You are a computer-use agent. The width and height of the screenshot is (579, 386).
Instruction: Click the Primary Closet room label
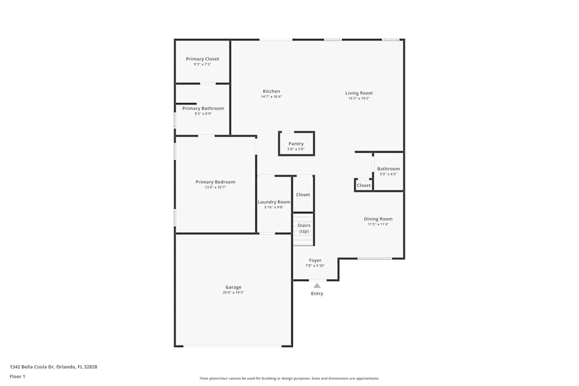point(202,59)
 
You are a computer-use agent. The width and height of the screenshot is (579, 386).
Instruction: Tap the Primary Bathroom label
point(203,108)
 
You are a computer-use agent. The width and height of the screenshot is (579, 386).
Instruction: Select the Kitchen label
point(271,91)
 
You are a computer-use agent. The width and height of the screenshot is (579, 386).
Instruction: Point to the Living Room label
point(359,93)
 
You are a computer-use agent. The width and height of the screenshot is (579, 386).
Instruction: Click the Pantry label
point(296,144)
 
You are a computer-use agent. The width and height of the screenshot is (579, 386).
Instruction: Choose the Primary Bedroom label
point(215,182)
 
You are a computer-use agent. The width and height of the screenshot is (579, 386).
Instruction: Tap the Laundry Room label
point(274,202)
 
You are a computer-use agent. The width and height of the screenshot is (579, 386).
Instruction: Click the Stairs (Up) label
point(303,228)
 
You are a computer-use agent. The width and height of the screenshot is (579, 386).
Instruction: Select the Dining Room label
point(378,219)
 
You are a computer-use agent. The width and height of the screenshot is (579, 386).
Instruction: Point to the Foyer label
point(315,260)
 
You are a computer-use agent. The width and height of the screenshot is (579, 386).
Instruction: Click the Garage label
point(233,287)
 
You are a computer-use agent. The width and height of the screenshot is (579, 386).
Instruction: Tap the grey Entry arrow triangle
point(317,285)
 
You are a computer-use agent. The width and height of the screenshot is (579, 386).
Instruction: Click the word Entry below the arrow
point(317,294)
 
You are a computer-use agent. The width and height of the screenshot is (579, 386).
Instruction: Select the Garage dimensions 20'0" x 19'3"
point(233,293)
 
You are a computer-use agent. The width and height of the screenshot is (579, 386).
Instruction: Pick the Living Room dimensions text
point(359,98)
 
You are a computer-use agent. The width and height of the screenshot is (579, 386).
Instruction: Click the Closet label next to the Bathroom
point(364,186)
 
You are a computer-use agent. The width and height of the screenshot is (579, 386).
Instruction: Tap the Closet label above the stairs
point(303,195)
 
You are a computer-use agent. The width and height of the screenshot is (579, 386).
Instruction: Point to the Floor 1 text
point(17,376)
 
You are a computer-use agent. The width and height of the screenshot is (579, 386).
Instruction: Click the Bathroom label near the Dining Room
point(389,169)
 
